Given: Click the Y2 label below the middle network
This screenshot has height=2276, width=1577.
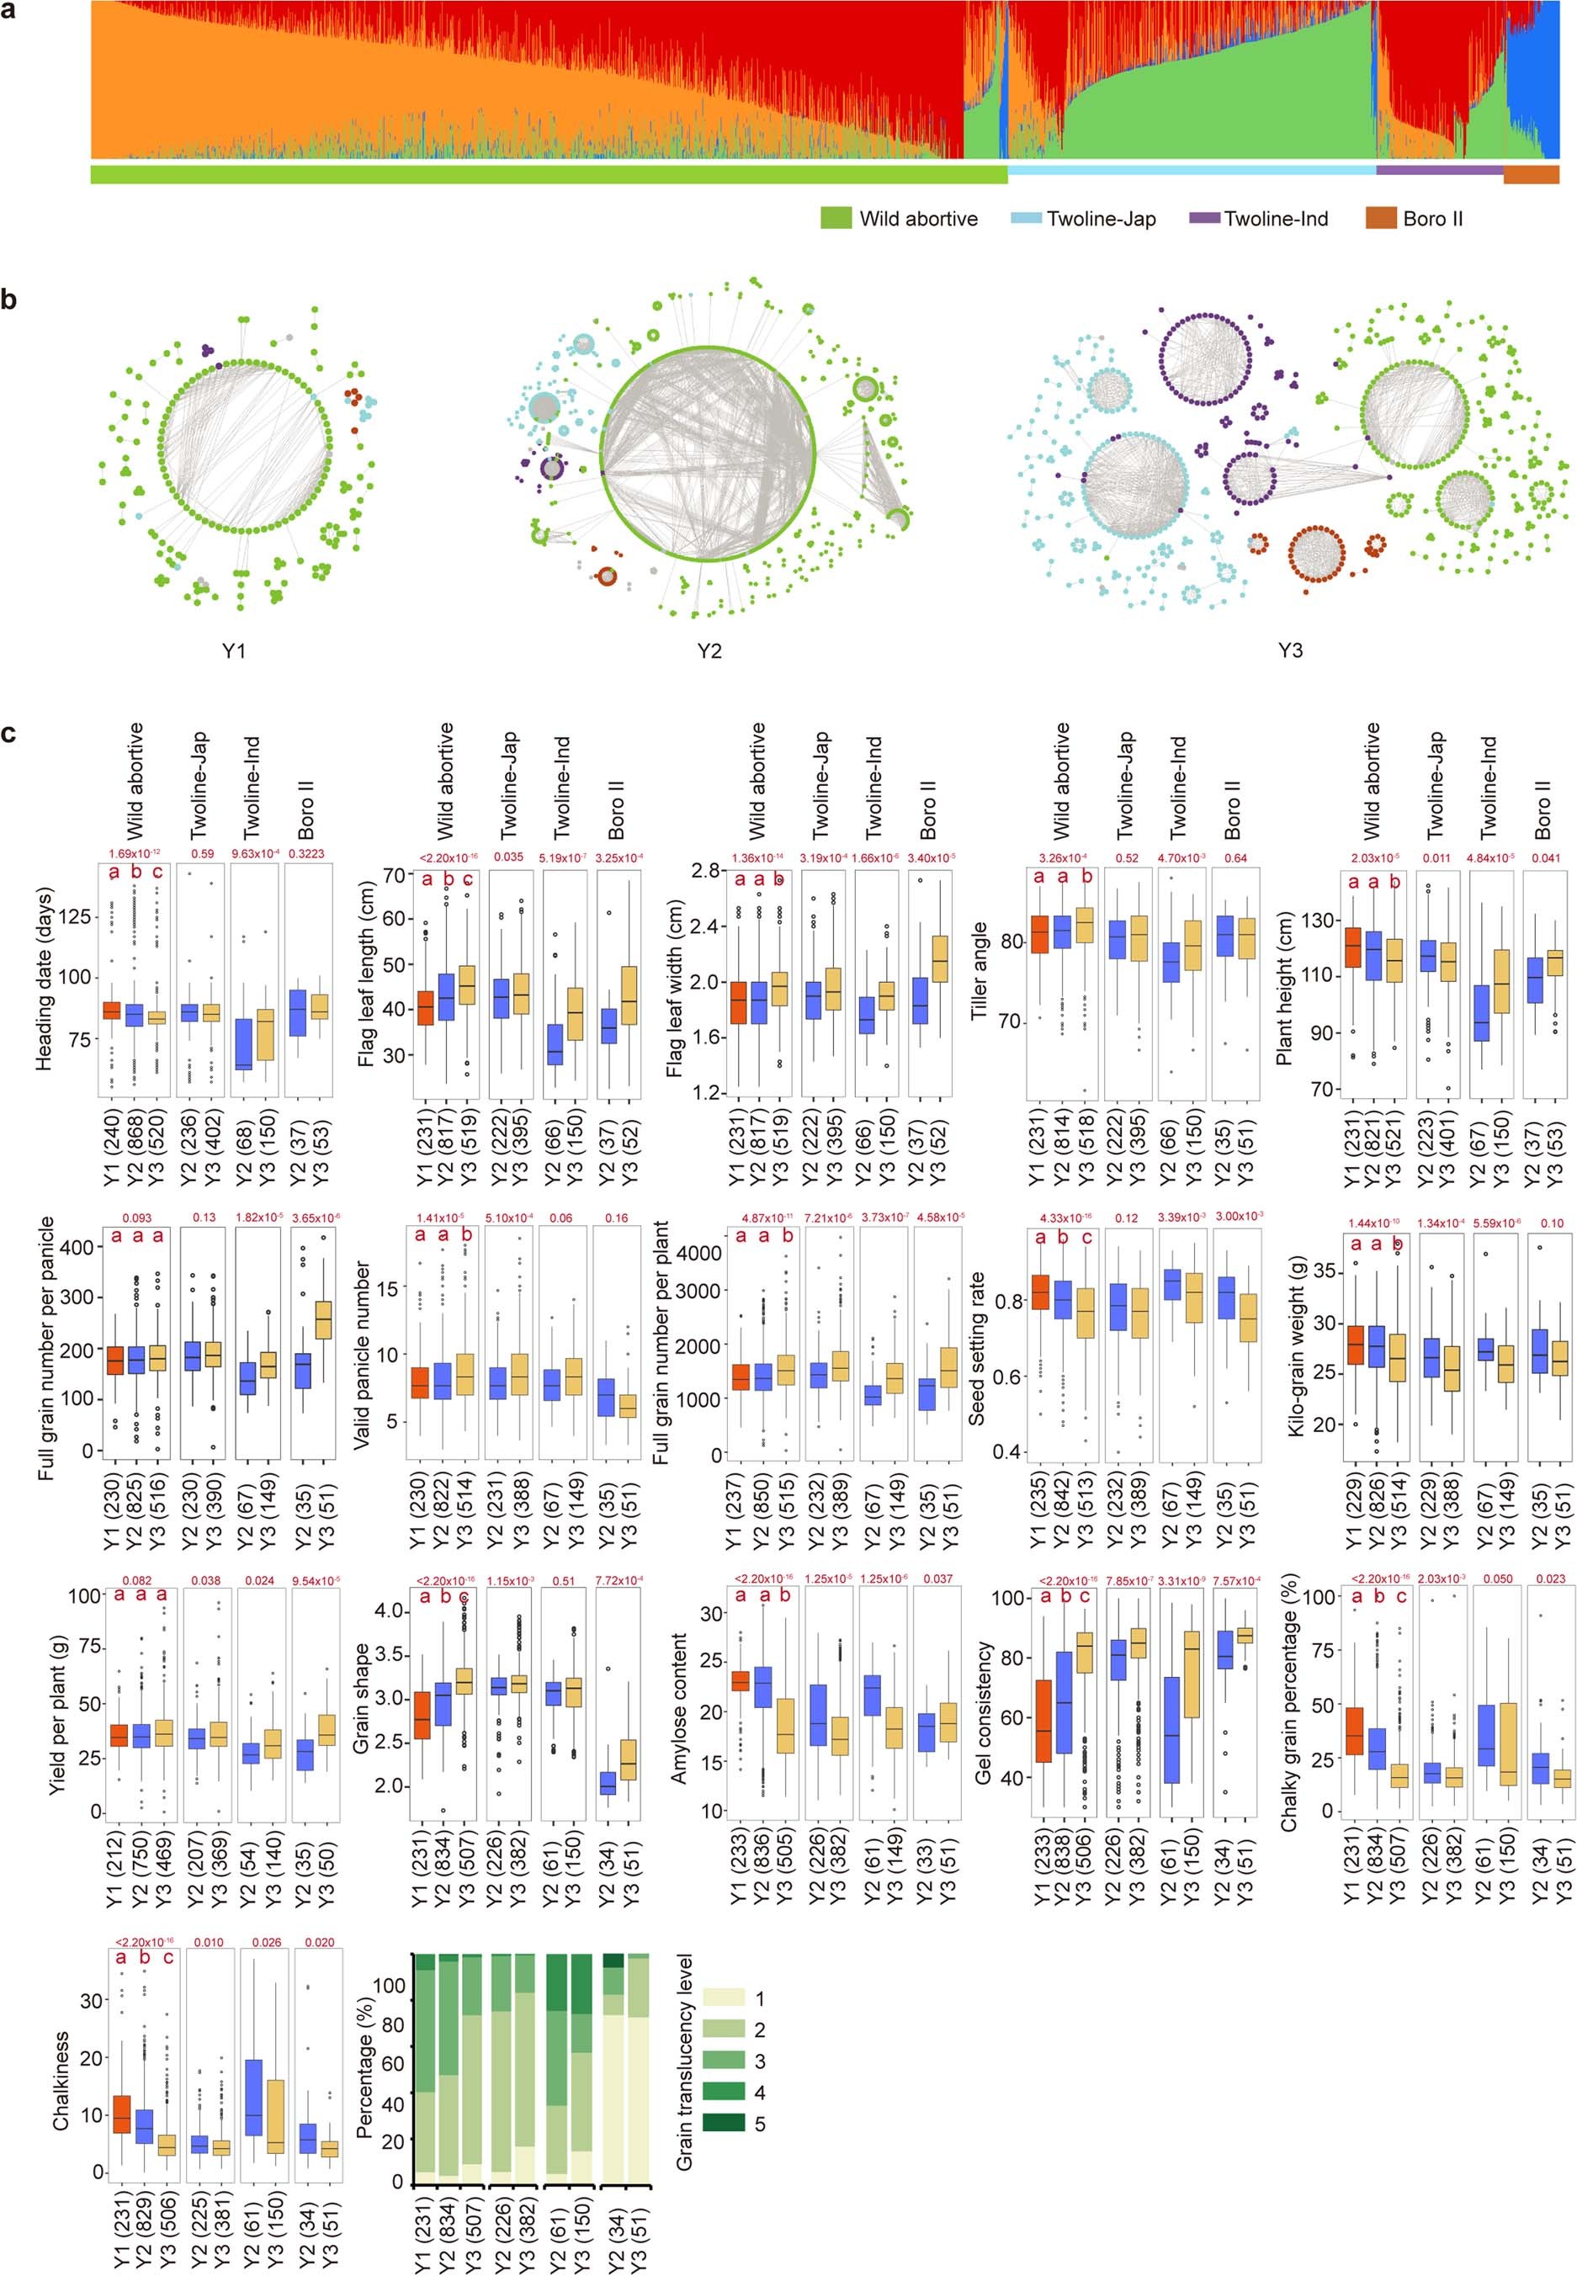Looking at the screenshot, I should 709,651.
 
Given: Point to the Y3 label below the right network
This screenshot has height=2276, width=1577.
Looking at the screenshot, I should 1289,651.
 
